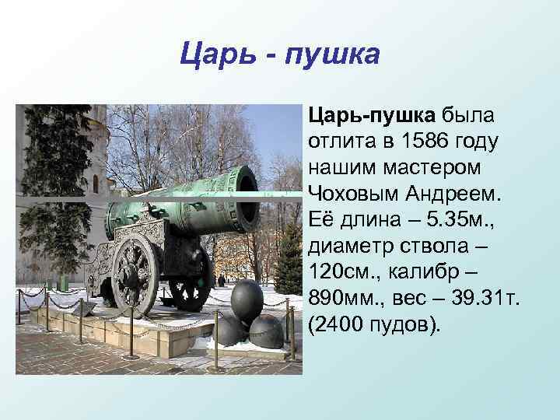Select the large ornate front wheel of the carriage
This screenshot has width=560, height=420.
pos(136,271)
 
